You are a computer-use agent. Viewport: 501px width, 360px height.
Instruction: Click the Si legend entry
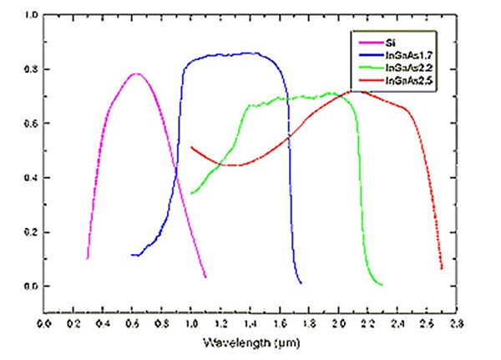tap(392, 42)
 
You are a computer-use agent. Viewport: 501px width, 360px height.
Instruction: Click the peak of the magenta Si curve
tap(135, 74)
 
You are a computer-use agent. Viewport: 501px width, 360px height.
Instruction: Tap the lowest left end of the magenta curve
tap(88, 259)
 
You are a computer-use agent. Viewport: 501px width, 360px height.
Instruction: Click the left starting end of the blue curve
tap(133, 255)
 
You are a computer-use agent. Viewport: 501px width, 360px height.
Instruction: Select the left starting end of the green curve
tap(191, 194)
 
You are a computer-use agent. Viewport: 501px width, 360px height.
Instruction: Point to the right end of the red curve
tap(441, 269)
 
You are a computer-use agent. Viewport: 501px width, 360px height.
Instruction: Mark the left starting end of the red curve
tap(191, 147)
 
